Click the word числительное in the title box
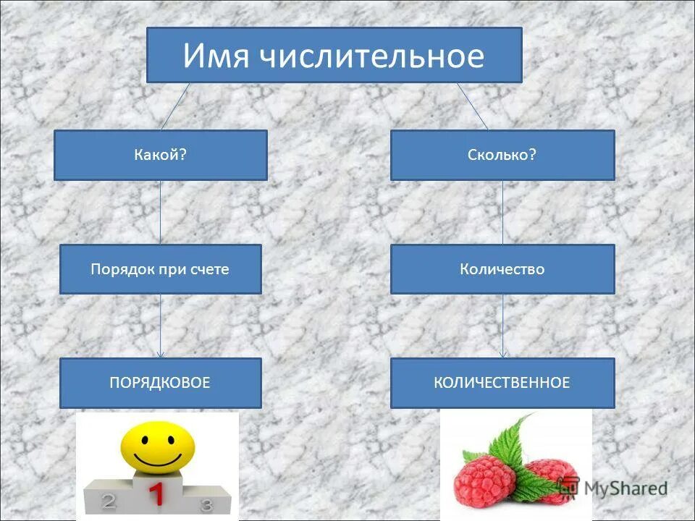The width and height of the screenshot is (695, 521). (x=368, y=56)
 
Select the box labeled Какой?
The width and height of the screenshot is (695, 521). (x=160, y=155)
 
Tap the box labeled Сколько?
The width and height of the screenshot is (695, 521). (x=502, y=155)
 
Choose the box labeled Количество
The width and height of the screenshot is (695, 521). (x=502, y=269)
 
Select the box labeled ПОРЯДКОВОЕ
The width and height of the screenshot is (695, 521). (x=160, y=383)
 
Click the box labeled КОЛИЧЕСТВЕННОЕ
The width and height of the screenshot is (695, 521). (x=502, y=383)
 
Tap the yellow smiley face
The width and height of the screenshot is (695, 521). (x=158, y=446)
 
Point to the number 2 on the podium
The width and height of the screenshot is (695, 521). (x=109, y=500)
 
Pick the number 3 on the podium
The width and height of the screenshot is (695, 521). (x=206, y=504)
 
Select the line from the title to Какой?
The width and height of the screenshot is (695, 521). (x=175, y=106)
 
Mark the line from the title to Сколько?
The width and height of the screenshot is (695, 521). (x=472, y=106)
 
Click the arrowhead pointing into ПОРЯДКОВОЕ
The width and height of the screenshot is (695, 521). (x=161, y=354)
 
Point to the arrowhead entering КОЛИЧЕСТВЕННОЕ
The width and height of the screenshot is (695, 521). (x=503, y=354)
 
